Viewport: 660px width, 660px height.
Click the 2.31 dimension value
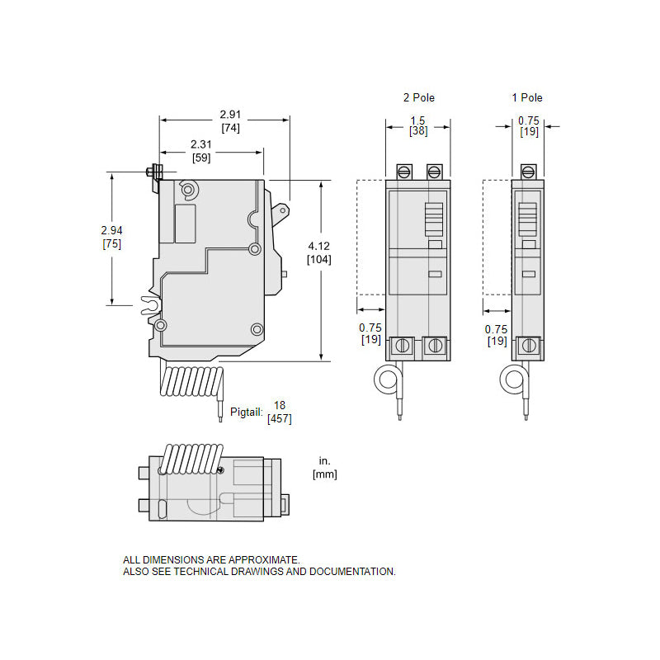(200, 144)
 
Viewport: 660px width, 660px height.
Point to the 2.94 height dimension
(112, 229)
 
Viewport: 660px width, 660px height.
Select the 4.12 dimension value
(320, 245)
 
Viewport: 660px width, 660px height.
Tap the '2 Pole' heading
(418, 97)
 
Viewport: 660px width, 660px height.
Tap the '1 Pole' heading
(527, 97)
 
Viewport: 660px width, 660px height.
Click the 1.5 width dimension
(418, 120)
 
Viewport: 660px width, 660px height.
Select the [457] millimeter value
(279, 419)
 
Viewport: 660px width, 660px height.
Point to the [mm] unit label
(324, 474)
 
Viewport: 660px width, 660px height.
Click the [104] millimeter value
(319, 259)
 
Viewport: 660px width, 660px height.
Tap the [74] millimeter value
(230, 128)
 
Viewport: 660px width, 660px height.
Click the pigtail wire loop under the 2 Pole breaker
(386, 379)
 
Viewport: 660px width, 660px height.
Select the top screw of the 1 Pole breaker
(528, 172)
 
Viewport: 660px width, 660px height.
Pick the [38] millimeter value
(418, 130)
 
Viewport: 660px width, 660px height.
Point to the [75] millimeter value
(112, 243)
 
